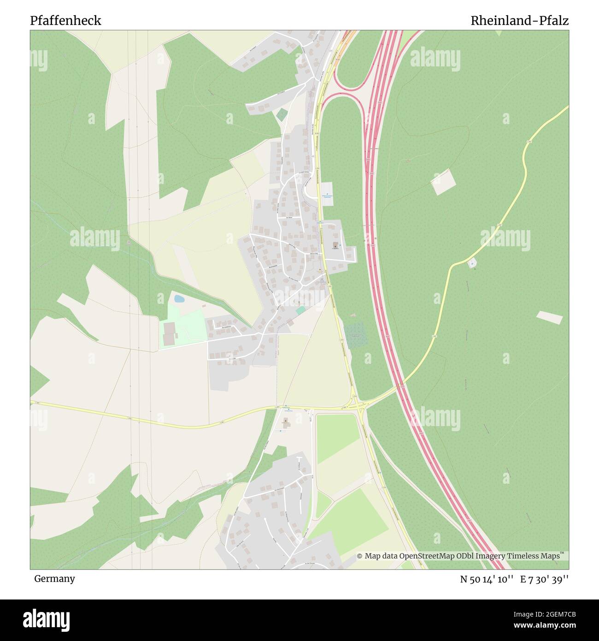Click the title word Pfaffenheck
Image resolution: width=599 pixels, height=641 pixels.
(65, 21)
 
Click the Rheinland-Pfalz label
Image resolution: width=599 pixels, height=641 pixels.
(519, 21)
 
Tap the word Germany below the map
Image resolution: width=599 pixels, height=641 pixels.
(54, 579)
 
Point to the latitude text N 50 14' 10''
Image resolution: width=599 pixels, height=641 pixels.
(487, 579)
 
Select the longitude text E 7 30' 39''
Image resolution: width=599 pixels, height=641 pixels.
(545, 579)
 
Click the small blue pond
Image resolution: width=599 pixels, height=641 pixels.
(179, 299)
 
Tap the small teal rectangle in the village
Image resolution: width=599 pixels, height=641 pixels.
(300, 310)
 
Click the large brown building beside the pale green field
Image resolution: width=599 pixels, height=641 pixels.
(170, 333)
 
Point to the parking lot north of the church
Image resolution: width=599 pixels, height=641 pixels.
(327, 189)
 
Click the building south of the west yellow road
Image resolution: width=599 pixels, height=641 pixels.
(286, 422)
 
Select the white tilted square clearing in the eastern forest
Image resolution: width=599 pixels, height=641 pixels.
(443, 182)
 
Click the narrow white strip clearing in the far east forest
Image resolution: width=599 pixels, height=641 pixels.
(549, 318)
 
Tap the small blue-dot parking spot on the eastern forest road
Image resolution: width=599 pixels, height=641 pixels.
(472, 263)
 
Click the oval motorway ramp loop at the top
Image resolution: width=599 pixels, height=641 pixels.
(350, 69)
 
